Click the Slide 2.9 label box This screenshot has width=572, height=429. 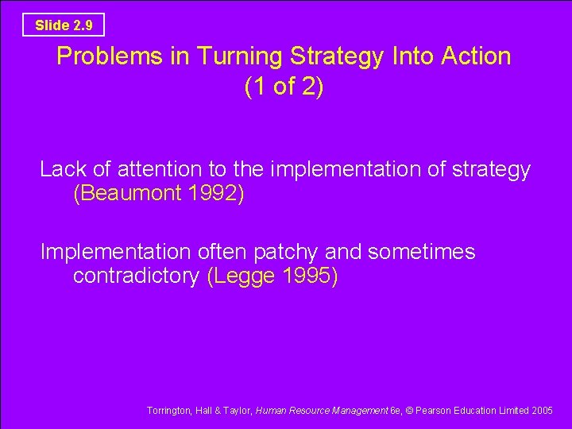coord(64,25)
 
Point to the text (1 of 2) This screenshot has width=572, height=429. coord(284,87)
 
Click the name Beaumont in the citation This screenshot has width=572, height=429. coord(131,194)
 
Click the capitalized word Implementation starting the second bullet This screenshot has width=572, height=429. coord(115,253)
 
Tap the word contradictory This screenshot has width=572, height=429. coord(136,277)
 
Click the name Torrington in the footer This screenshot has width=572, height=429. coord(168,410)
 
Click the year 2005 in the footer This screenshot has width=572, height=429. coord(543,410)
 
